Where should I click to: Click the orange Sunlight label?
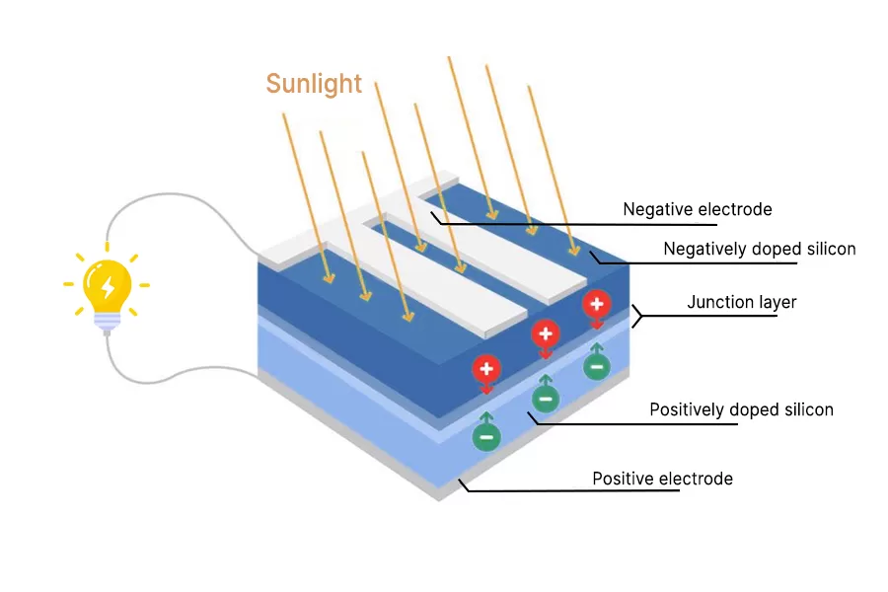pyautogui.click(x=314, y=84)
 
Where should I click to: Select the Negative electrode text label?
pyautogui.click(x=697, y=209)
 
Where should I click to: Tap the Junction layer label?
pyautogui.click(x=741, y=302)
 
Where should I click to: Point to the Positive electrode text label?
pyautogui.click(x=662, y=479)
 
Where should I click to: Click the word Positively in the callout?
pyautogui.click(x=688, y=409)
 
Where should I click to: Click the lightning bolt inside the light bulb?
pyautogui.click(x=108, y=286)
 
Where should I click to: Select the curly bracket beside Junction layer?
pyautogui.click(x=637, y=316)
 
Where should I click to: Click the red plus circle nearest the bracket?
pyautogui.click(x=595, y=303)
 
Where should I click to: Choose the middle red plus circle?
pyautogui.click(x=546, y=333)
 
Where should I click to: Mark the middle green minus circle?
pyautogui.click(x=546, y=399)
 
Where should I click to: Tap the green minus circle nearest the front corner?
pyautogui.click(x=485, y=436)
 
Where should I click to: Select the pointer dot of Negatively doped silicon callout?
pyautogui.click(x=592, y=255)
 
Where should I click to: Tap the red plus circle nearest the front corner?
pyautogui.click(x=485, y=369)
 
